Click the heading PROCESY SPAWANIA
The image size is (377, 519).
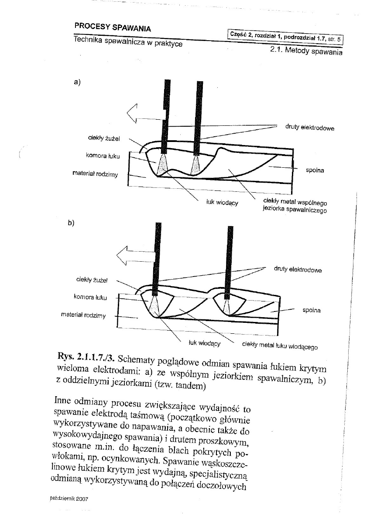coord(113,28)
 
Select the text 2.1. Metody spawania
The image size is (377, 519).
coord(305,51)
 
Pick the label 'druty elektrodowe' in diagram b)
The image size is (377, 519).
coord(298,270)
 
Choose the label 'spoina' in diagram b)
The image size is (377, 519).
coord(311,310)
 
